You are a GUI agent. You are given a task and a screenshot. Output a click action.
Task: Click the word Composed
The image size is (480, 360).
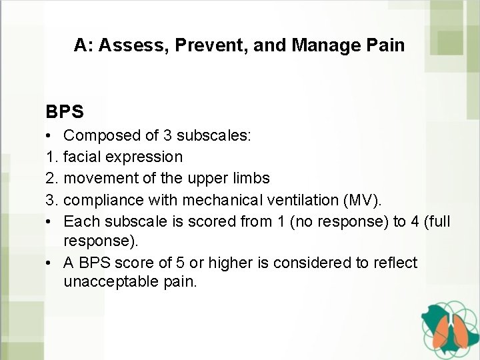pyautogui.click(x=100, y=137)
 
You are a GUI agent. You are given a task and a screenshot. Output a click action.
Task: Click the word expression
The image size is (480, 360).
pyautogui.click(x=150, y=157)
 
